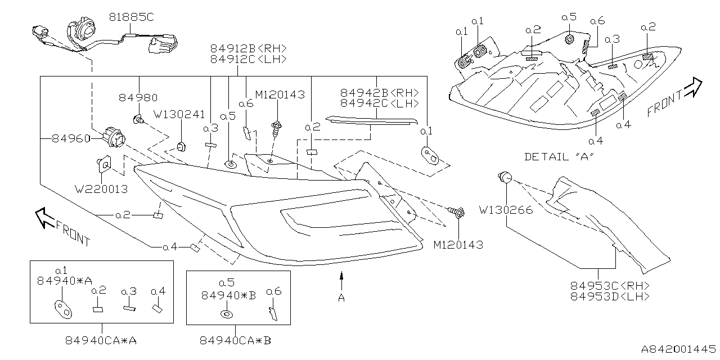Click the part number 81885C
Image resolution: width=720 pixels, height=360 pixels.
click(130, 18)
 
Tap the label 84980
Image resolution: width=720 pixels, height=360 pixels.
click(138, 97)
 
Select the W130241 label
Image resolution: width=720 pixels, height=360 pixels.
click(179, 114)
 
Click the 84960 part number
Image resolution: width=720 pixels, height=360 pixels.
click(71, 137)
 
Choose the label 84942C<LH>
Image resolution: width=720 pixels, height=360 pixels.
click(379, 103)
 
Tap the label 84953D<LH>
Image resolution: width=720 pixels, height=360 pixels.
click(610, 296)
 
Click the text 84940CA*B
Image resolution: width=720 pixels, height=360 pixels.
click(238, 340)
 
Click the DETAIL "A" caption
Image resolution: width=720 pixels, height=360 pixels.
click(559, 156)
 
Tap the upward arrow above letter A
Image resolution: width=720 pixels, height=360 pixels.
click(341, 279)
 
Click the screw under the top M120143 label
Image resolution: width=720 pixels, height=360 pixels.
click(276, 130)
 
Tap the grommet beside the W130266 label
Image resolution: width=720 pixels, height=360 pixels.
click(504, 179)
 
